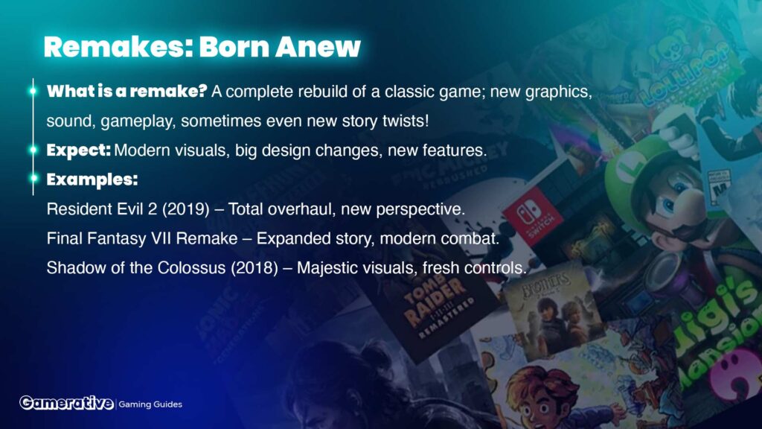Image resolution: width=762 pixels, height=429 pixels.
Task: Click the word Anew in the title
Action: coord(318,47)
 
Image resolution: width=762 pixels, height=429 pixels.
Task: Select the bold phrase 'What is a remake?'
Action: coord(127,91)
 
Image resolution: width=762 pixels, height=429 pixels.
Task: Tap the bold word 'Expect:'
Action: coord(79,150)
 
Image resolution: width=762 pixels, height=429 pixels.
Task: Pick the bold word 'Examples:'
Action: coord(92,179)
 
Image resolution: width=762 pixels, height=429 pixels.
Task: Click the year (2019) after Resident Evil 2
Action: coord(185,209)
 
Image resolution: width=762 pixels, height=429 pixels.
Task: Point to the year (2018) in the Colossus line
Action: coord(254,267)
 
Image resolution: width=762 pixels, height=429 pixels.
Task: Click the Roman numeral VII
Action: coord(161,238)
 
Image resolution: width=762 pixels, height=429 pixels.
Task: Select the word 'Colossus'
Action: coord(191,267)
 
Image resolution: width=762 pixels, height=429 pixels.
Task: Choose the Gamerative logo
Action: coord(66,403)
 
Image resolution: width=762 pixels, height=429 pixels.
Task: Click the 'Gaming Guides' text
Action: coord(150,404)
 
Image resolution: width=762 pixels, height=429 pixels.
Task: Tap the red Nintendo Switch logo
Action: coord(531,216)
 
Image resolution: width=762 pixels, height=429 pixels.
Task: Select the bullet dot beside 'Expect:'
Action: coord(33,150)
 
